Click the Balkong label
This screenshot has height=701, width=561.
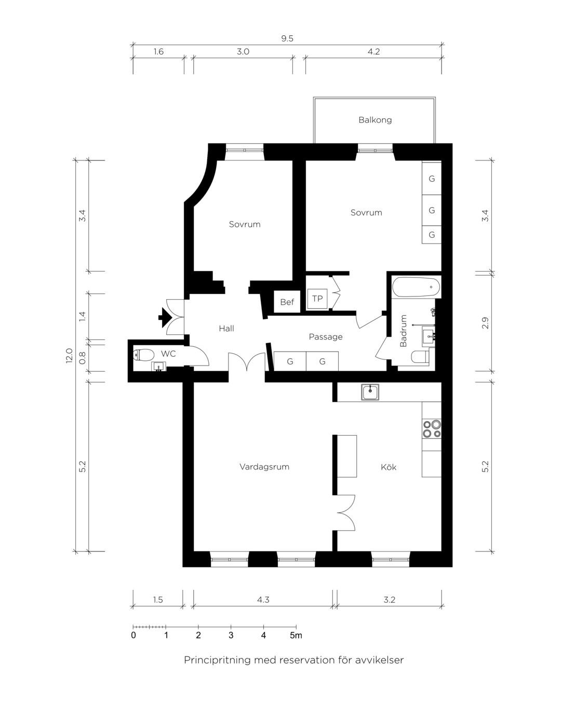pyautogui.click(x=375, y=120)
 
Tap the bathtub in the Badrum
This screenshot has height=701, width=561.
pyautogui.click(x=416, y=287)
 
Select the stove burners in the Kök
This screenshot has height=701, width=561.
pyautogui.click(x=432, y=429)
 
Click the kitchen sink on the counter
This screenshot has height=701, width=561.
pyautogui.click(x=370, y=392)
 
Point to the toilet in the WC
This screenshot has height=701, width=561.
pyautogui.click(x=143, y=355)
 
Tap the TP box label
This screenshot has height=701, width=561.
pyautogui.click(x=317, y=299)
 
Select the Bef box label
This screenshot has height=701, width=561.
pyautogui.click(x=287, y=302)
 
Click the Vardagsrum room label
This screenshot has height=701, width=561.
pyautogui.click(x=264, y=467)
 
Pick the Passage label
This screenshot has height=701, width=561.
pyautogui.click(x=326, y=337)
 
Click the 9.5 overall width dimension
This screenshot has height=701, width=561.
pyautogui.click(x=287, y=38)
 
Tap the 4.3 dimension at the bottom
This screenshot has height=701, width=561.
pyautogui.click(x=263, y=600)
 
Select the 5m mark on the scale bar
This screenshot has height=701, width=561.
pyautogui.click(x=296, y=635)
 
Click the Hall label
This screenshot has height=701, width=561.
pyautogui.click(x=226, y=328)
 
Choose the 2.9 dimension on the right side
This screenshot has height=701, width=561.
pyautogui.click(x=485, y=323)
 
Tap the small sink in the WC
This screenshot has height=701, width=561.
pyautogui.click(x=159, y=367)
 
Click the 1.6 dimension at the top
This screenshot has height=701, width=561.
pyautogui.click(x=158, y=51)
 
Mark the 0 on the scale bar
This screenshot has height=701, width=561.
pyautogui.click(x=133, y=635)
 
